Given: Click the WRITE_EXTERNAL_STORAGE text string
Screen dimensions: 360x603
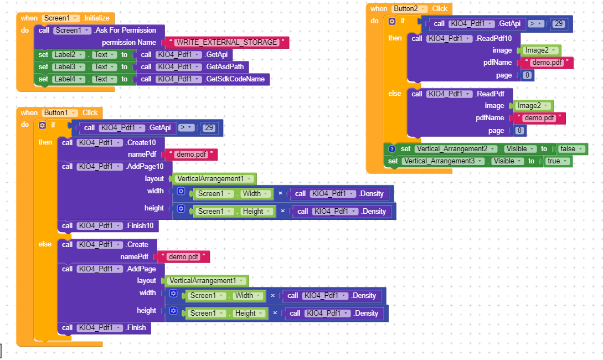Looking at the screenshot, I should [227, 42].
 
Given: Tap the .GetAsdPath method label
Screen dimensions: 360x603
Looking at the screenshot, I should [227, 67].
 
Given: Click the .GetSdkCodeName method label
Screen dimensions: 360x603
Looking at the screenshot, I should [235, 79].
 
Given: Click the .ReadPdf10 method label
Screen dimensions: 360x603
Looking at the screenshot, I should [497, 38].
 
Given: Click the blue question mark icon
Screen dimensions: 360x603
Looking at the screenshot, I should [392, 148].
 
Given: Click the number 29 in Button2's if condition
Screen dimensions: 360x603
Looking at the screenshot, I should [558, 23].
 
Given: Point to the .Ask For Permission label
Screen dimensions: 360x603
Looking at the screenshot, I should [125, 30].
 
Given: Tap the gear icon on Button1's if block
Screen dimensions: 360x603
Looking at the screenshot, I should [42, 125].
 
